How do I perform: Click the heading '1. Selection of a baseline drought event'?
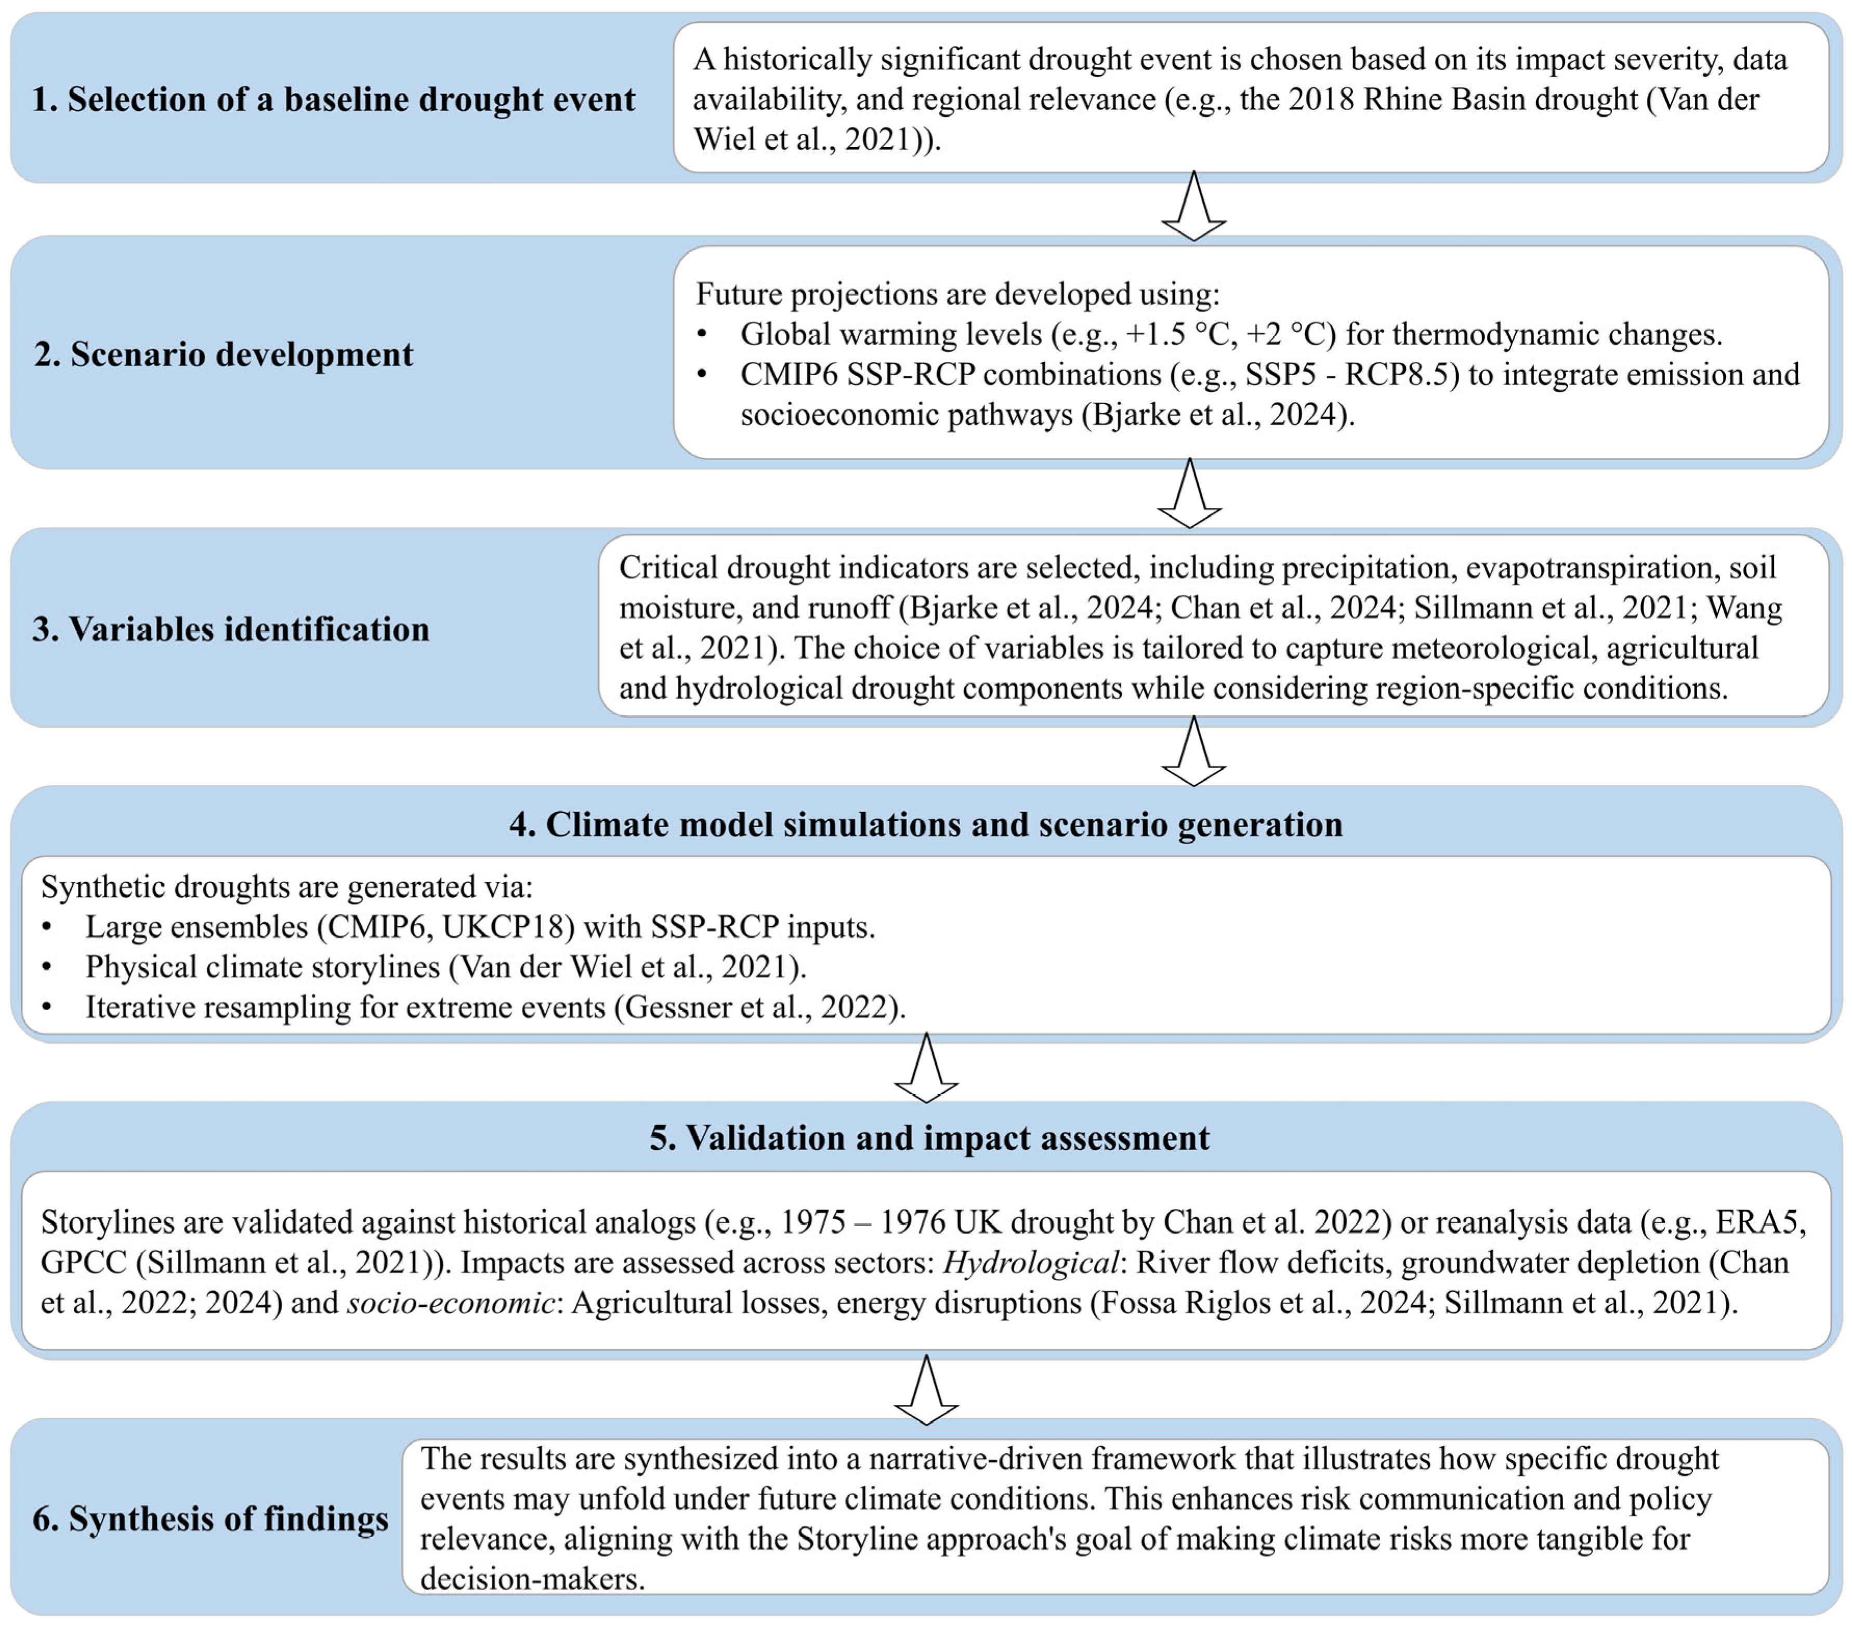pyautogui.click(x=333, y=99)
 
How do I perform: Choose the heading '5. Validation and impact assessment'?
pyautogui.click(x=929, y=1137)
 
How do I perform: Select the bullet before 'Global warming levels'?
pyautogui.click(x=702, y=334)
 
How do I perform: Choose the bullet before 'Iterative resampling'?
pyautogui.click(x=47, y=1007)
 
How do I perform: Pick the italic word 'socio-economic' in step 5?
pyautogui.click(x=450, y=1302)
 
